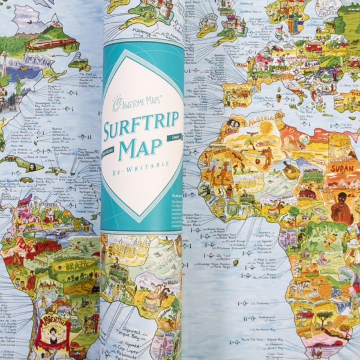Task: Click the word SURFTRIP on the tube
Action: (x=142, y=128)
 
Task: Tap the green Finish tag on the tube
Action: (x=174, y=138)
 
